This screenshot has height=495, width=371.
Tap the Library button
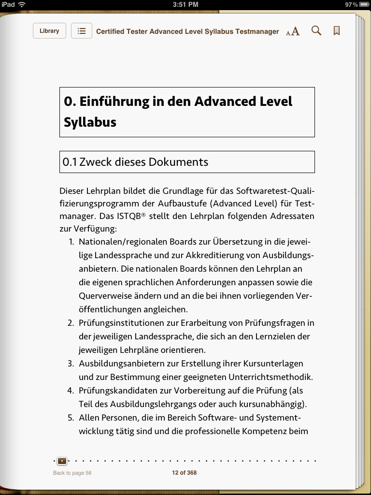(x=49, y=31)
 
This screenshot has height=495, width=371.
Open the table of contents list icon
(x=82, y=31)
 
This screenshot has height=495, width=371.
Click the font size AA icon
(x=293, y=31)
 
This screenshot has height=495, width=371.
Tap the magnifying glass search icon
(x=316, y=31)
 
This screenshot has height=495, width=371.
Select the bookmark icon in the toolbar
(x=337, y=31)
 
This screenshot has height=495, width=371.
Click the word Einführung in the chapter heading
(x=116, y=102)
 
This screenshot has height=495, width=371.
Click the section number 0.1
(x=70, y=162)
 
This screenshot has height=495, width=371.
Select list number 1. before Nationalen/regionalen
(x=71, y=242)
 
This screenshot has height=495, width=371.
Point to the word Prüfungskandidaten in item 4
(x=121, y=391)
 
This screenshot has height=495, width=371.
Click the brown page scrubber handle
(x=62, y=461)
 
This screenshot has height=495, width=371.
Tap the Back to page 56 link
(x=72, y=473)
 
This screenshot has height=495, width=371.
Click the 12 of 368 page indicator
(x=185, y=473)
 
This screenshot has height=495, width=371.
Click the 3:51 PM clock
(x=185, y=4)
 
